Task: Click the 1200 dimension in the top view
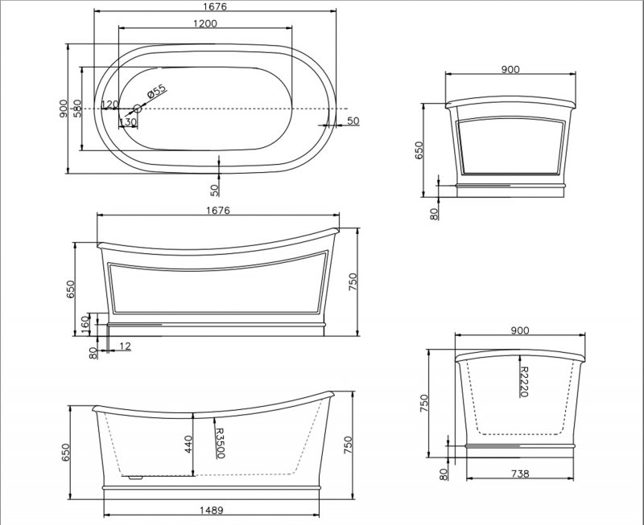click(205, 23)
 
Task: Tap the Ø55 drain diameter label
click(156, 92)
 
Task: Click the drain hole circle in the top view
click(138, 109)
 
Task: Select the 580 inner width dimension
click(77, 109)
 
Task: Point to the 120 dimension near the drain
click(109, 105)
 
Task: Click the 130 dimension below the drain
click(128, 122)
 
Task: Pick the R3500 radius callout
click(221, 443)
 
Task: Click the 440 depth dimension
click(188, 444)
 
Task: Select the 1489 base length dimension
click(212, 511)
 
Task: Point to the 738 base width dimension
click(520, 474)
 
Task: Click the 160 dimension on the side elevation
click(85, 325)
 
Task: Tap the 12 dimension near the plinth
click(126, 347)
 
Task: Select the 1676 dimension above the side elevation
click(218, 210)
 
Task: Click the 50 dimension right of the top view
click(353, 121)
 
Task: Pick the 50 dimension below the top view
click(214, 190)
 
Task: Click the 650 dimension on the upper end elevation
click(419, 150)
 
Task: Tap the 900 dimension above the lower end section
click(520, 330)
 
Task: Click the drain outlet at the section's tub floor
click(134, 478)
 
